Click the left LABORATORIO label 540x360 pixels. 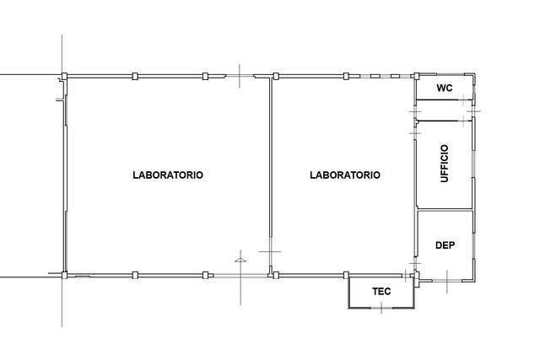click(x=168, y=175)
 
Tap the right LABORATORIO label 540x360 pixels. click(x=345, y=175)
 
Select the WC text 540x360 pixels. click(x=445, y=89)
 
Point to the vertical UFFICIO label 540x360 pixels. click(x=445, y=163)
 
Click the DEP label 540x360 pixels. click(x=445, y=245)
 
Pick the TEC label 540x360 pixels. click(x=381, y=292)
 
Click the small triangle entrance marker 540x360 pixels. click(x=240, y=261)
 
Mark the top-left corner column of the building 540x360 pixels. click(x=64, y=76)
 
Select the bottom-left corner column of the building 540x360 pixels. click(x=64, y=275)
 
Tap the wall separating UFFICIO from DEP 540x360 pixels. click(x=445, y=209)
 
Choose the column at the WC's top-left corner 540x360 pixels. click(x=416, y=76)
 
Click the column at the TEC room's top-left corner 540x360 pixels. click(x=346, y=275)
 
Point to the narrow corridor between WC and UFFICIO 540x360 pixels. click(x=445, y=110)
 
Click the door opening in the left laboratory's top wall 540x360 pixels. click(x=240, y=76)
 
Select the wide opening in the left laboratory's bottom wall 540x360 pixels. click(x=240, y=276)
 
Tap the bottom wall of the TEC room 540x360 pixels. click(x=381, y=308)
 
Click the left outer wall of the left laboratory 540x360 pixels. click(x=65, y=175)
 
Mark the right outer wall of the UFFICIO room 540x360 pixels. click(x=473, y=164)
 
